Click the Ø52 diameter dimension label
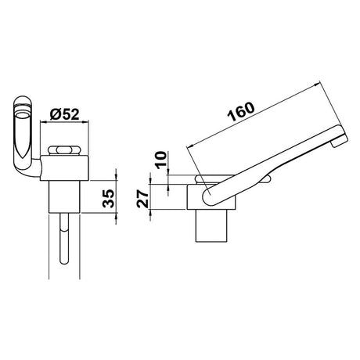point(64,114)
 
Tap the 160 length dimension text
point(241,112)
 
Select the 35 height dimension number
point(108,198)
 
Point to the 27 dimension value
point(142,199)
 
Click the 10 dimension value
point(161,160)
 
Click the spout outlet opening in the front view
point(22,116)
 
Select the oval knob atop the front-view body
point(64,150)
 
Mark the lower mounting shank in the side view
point(211,225)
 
